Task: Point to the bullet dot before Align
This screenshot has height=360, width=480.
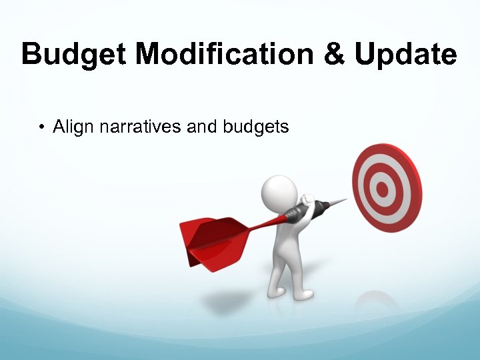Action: click(41, 127)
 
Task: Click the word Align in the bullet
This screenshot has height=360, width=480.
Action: click(74, 127)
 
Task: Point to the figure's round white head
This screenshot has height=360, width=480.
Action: click(279, 193)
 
